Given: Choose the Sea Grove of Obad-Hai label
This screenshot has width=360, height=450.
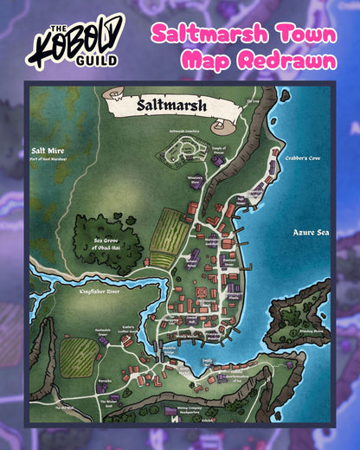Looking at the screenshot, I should click(x=105, y=243).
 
